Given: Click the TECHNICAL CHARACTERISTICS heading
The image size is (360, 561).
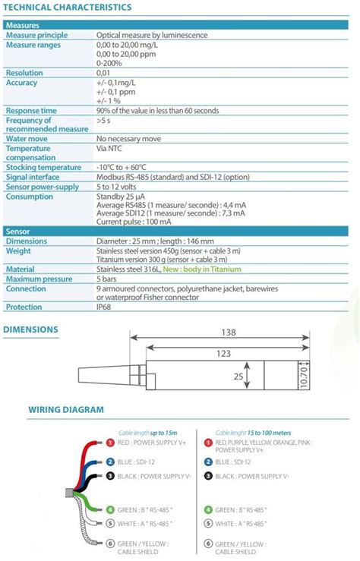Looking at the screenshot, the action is click(x=68, y=8).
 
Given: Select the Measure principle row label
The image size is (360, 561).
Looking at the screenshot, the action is click(x=36, y=35).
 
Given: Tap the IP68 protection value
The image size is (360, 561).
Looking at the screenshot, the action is click(x=103, y=307).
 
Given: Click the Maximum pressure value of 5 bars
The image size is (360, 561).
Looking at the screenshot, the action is click(x=108, y=279).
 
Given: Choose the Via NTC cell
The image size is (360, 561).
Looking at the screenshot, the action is click(x=109, y=149).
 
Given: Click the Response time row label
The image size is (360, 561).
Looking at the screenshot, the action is click(x=31, y=110).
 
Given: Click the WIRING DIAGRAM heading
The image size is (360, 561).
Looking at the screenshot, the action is click(x=66, y=410).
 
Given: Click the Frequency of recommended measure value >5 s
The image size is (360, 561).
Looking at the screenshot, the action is click(x=104, y=120).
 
